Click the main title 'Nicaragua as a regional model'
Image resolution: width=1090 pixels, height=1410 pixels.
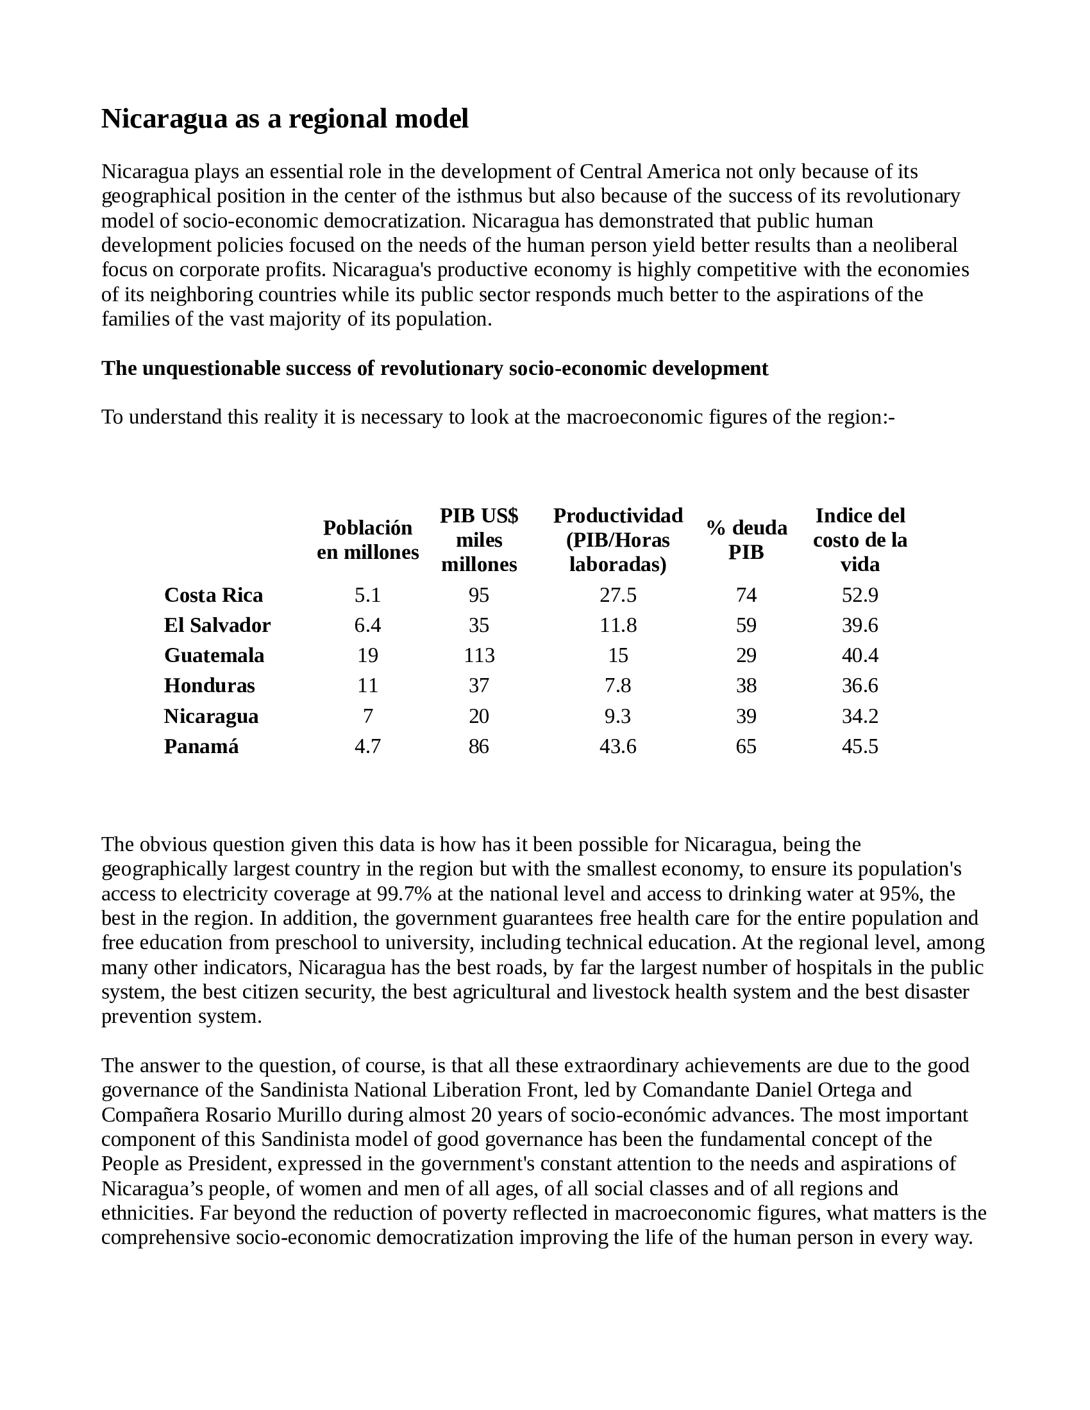click(285, 119)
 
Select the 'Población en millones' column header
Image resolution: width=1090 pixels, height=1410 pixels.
click(367, 540)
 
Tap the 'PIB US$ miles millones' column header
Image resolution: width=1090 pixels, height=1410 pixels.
click(478, 540)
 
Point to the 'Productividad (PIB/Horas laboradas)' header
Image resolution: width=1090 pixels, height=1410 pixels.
click(618, 540)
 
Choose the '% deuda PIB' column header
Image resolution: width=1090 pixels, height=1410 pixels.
click(746, 540)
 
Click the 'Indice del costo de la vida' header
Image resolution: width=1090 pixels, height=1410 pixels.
click(860, 540)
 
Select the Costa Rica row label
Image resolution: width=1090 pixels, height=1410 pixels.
click(213, 595)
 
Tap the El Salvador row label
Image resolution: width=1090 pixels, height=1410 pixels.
click(217, 625)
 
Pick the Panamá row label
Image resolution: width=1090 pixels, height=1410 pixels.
click(201, 746)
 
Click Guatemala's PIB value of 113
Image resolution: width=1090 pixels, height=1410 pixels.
click(479, 655)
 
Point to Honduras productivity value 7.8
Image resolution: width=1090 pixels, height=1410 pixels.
click(618, 685)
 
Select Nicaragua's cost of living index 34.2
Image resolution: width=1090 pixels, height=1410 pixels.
click(860, 716)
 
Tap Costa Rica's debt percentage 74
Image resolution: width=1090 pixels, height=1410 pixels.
click(746, 595)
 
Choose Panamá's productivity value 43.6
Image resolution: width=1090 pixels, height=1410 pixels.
click(618, 746)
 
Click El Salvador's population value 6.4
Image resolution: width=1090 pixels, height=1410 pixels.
click(367, 625)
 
